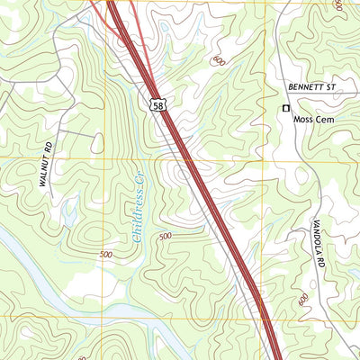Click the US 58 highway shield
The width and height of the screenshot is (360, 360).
pos(157,105)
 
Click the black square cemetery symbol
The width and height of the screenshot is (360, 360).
pos(286,108)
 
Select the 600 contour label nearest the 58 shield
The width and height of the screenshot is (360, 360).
pos(217,59)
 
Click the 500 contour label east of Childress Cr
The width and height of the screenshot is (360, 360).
pos(165,237)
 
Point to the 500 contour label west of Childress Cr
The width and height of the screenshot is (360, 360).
pos(107,256)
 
